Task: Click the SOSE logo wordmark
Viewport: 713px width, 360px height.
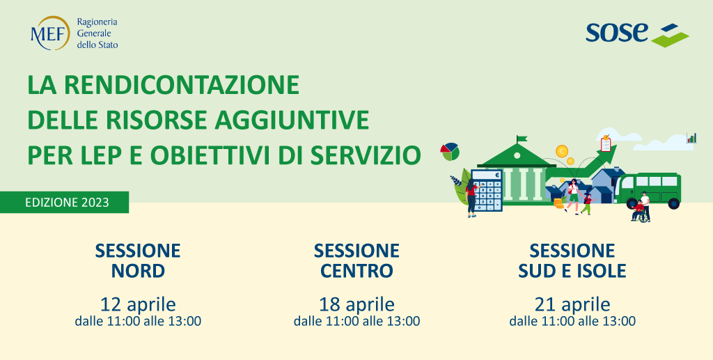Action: [617, 32]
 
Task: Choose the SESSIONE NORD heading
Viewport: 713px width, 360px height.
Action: [138, 260]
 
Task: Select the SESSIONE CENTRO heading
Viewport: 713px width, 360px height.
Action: [356, 260]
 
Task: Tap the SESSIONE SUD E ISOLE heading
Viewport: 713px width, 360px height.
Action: [572, 260]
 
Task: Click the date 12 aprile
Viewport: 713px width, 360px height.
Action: [138, 304]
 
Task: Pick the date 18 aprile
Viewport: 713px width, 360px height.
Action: [356, 304]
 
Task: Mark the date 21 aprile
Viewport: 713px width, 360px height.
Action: [572, 304]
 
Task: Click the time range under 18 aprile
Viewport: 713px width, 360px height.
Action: [356, 321]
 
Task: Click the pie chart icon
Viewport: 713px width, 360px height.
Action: [449, 150]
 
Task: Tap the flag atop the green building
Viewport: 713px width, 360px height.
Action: [520, 139]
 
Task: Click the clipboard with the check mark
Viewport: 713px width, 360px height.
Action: [606, 145]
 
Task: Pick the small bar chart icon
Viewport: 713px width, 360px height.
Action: [691, 138]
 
